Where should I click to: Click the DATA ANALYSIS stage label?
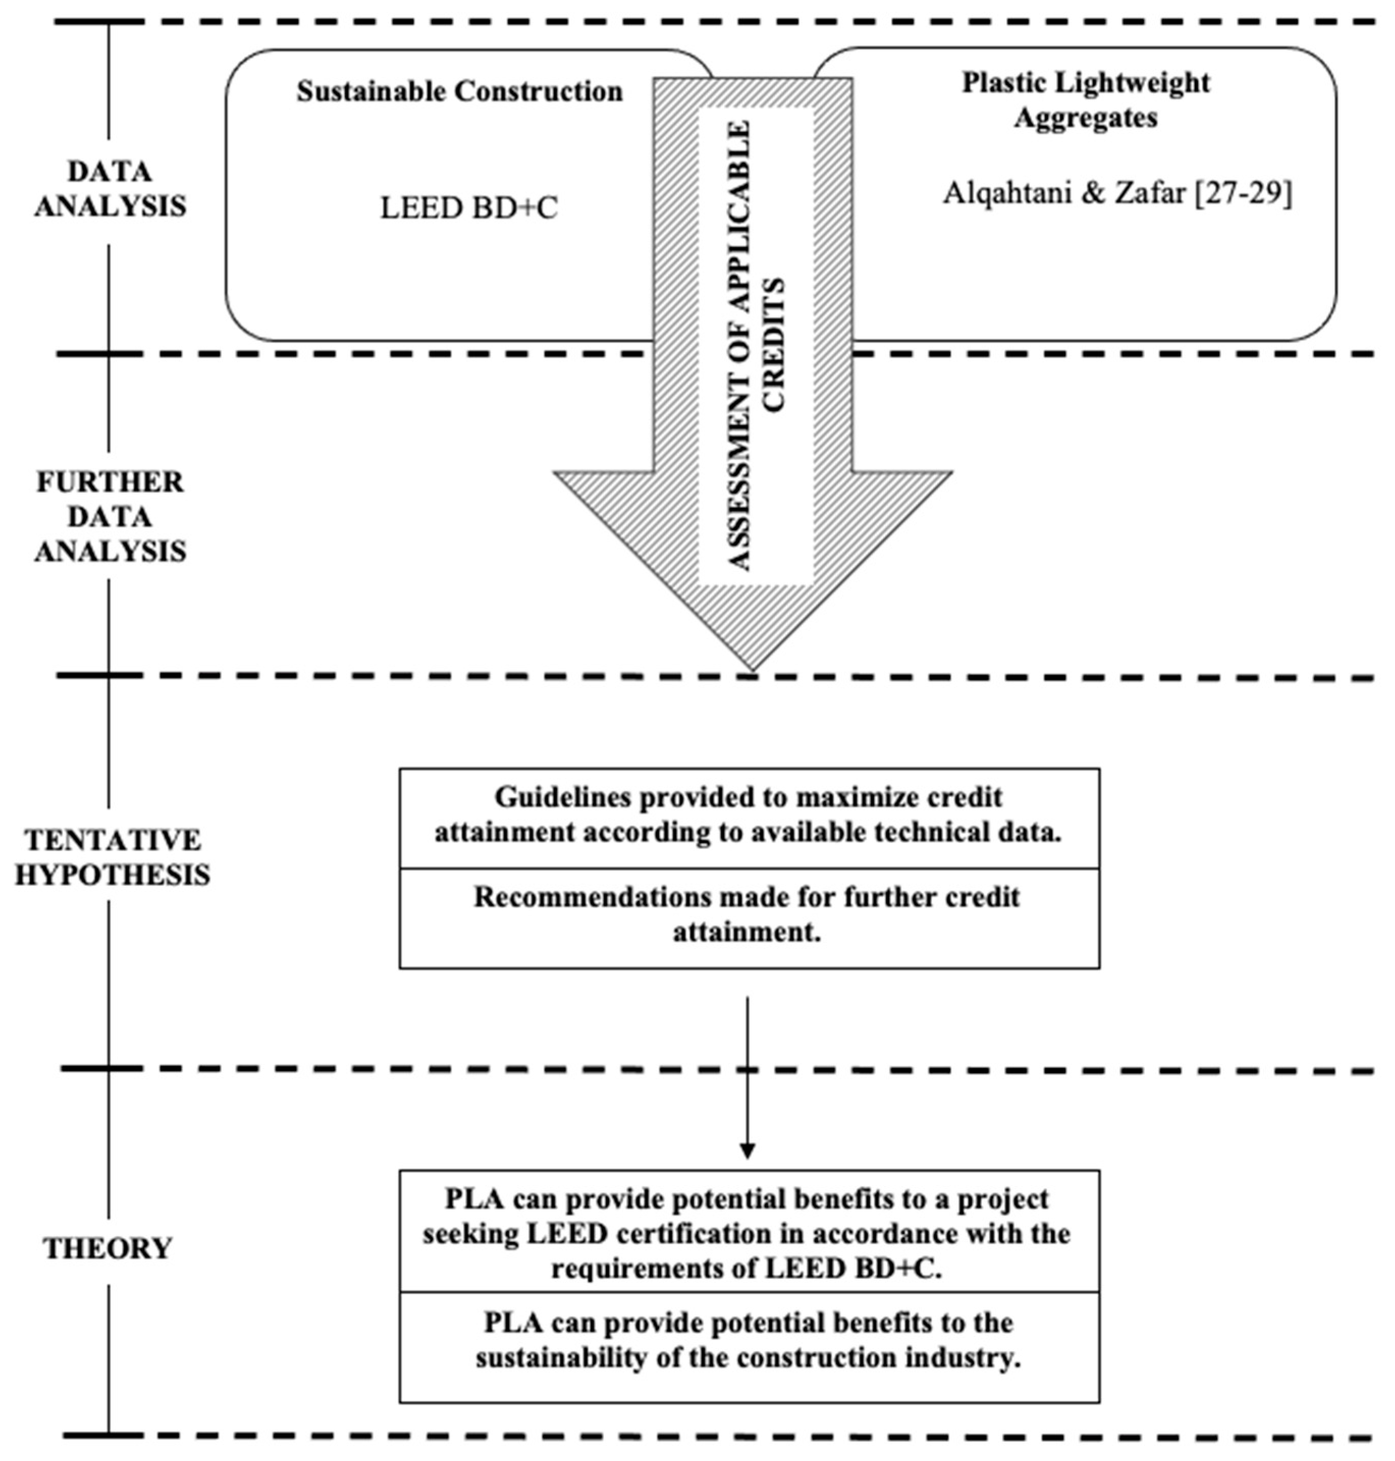click(110, 189)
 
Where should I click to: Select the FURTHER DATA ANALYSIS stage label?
click(110, 517)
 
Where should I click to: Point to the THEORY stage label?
click(108, 1248)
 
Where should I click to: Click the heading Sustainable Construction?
click(459, 92)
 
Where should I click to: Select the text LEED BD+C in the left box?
click(469, 209)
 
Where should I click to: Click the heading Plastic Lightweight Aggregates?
click(1086, 100)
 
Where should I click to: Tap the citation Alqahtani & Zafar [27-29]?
click(1117, 194)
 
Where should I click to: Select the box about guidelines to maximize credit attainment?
click(749, 815)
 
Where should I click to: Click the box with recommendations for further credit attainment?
click(749, 915)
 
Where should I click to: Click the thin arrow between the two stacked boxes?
click(747, 1078)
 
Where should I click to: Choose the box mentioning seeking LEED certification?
click(749, 1233)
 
